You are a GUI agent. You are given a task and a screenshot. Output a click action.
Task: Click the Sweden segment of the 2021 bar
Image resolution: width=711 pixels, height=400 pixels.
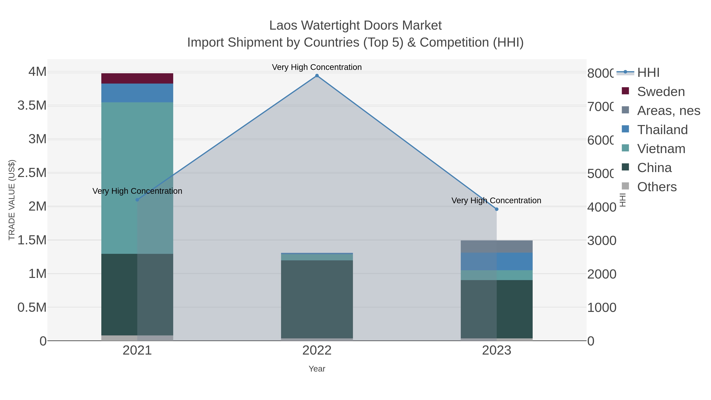pyautogui.click(x=137, y=78)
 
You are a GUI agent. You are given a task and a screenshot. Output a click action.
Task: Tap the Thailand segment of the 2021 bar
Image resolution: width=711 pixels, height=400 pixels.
pyautogui.click(x=137, y=93)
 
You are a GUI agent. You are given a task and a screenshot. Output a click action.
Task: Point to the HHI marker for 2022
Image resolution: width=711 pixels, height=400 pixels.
pyautogui.click(x=317, y=76)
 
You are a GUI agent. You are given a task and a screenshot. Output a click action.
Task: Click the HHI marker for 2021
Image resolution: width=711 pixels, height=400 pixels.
pyautogui.click(x=137, y=200)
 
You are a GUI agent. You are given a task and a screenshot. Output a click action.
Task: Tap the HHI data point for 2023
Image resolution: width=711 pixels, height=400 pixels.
pyautogui.click(x=497, y=209)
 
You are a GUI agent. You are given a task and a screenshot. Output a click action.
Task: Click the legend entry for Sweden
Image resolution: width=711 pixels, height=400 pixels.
pyautogui.click(x=661, y=92)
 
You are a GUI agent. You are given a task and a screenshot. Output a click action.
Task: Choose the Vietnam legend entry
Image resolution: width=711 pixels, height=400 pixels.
pyautogui.click(x=661, y=149)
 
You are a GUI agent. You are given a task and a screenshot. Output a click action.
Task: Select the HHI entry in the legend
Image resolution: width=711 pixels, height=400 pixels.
pyautogui.click(x=648, y=73)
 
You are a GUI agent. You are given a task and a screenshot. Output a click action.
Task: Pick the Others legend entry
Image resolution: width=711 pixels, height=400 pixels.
pyautogui.click(x=657, y=187)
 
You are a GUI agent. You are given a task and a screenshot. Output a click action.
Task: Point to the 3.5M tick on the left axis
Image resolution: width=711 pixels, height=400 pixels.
pyautogui.click(x=32, y=105)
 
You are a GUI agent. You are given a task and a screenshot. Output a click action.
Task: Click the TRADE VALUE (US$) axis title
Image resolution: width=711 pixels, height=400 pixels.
pyautogui.click(x=12, y=200)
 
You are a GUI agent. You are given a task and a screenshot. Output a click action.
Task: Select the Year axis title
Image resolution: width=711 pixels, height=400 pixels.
pyautogui.click(x=317, y=369)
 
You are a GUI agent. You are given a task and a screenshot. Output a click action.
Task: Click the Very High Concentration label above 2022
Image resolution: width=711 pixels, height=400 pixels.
pyautogui.click(x=317, y=67)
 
